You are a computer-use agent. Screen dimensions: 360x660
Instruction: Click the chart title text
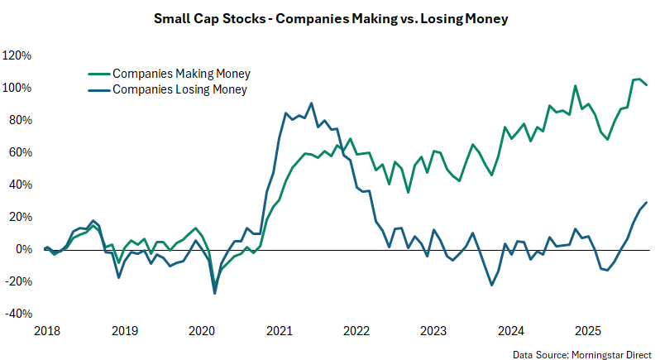click(330, 17)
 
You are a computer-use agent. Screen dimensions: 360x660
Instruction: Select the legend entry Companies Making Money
click(181, 74)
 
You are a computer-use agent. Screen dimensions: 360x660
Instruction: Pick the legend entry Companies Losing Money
click(179, 89)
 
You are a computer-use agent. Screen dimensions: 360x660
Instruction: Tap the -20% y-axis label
click(17, 281)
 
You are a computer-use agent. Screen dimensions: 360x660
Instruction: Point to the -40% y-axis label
click(17, 314)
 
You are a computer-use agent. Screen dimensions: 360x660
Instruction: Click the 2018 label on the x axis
click(47, 331)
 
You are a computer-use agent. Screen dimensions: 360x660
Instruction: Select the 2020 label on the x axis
click(203, 331)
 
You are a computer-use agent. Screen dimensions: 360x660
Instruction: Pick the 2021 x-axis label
click(280, 331)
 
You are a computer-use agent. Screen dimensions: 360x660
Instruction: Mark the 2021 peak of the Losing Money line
click(311, 103)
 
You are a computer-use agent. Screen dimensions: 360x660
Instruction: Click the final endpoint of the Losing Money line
click(646, 203)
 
